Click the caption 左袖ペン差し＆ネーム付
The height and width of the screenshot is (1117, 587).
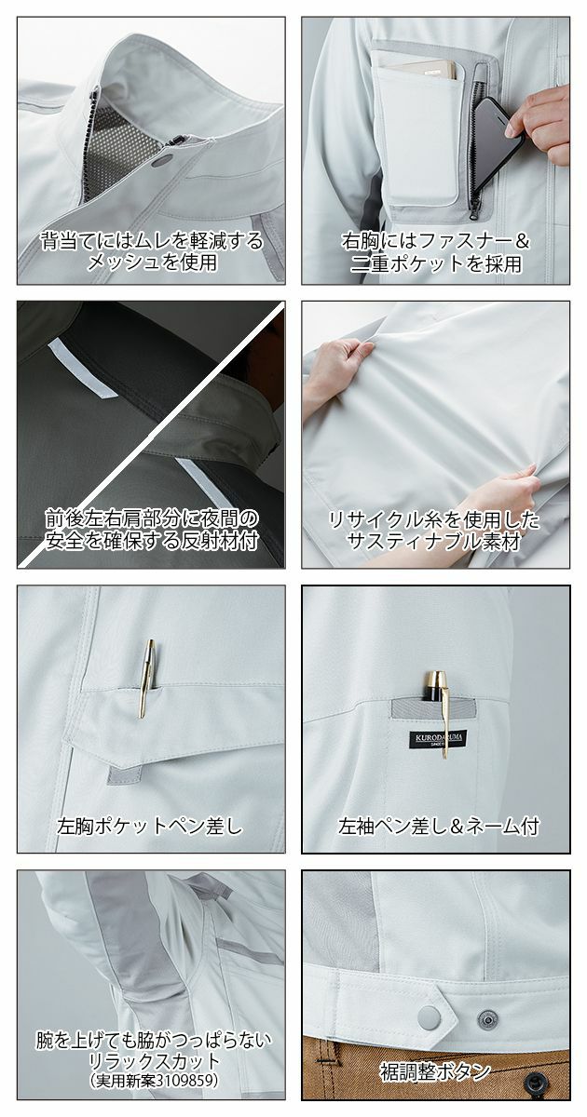click(439, 825)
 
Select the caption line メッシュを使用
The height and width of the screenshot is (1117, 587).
click(151, 263)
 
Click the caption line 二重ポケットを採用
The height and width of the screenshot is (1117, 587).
click(435, 263)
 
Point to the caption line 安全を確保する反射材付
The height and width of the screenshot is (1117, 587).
click(151, 539)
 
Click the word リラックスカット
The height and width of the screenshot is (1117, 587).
click(151, 1061)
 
